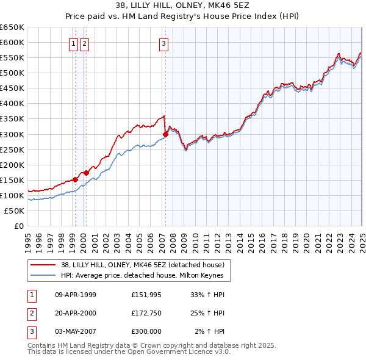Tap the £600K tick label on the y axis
click(x=12, y=42)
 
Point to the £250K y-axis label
click(x=12, y=149)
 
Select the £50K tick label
click(x=15, y=211)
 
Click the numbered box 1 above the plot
click(x=73, y=43)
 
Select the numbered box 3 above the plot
click(x=164, y=43)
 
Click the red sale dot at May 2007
click(x=165, y=134)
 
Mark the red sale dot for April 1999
click(x=75, y=179)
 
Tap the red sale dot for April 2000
click(x=87, y=173)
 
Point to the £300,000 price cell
click(x=146, y=331)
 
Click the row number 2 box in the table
click(x=31, y=312)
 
